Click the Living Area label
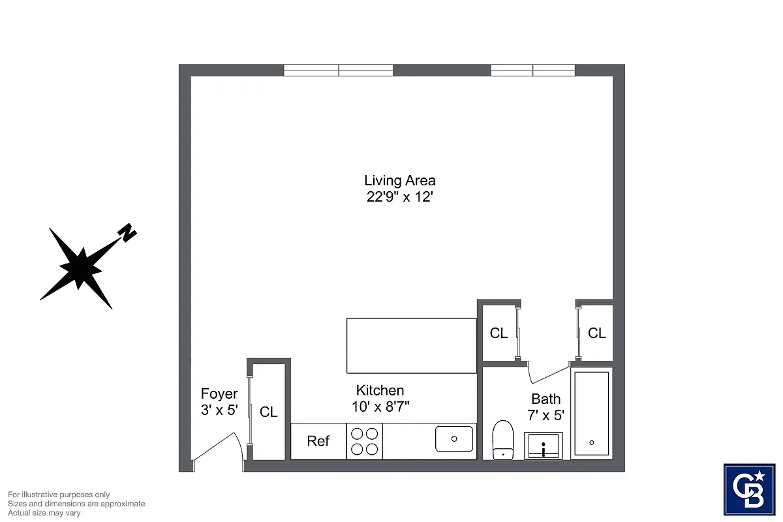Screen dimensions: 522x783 point(399,181)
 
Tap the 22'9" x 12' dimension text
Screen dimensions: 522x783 point(399,197)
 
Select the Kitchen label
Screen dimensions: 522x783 point(380,390)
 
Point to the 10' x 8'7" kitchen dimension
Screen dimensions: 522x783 point(380,407)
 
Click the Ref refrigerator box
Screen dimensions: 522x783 point(318,441)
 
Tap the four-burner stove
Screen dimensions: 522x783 point(365,440)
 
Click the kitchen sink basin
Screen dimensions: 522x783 point(454,438)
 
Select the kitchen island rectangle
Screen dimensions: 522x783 point(411,345)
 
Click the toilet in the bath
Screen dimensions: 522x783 point(502,440)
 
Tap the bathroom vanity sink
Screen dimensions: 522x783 point(543,447)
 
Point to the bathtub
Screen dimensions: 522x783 point(591,412)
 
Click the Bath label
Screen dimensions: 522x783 point(545,399)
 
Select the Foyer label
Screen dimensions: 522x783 point(219,394)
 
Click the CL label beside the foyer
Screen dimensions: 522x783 point(269,412)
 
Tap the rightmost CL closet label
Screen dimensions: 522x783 point(596,333)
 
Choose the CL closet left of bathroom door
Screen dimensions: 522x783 point(499,333)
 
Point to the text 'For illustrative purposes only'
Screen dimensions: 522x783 point(59,495)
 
